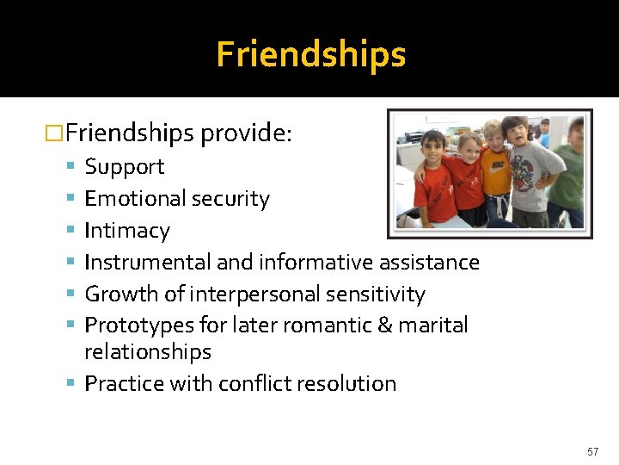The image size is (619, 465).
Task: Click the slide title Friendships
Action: (x=310, y=54)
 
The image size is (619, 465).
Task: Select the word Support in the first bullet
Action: (x=124, y=167)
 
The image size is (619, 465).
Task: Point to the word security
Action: (x=230, y=199)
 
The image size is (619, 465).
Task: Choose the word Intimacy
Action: (x=127, y=231)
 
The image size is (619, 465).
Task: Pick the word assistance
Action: (x=426, y=262)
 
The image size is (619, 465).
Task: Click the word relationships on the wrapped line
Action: (x=148, y=352)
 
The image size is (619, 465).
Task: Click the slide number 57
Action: (x=592, y=452)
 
